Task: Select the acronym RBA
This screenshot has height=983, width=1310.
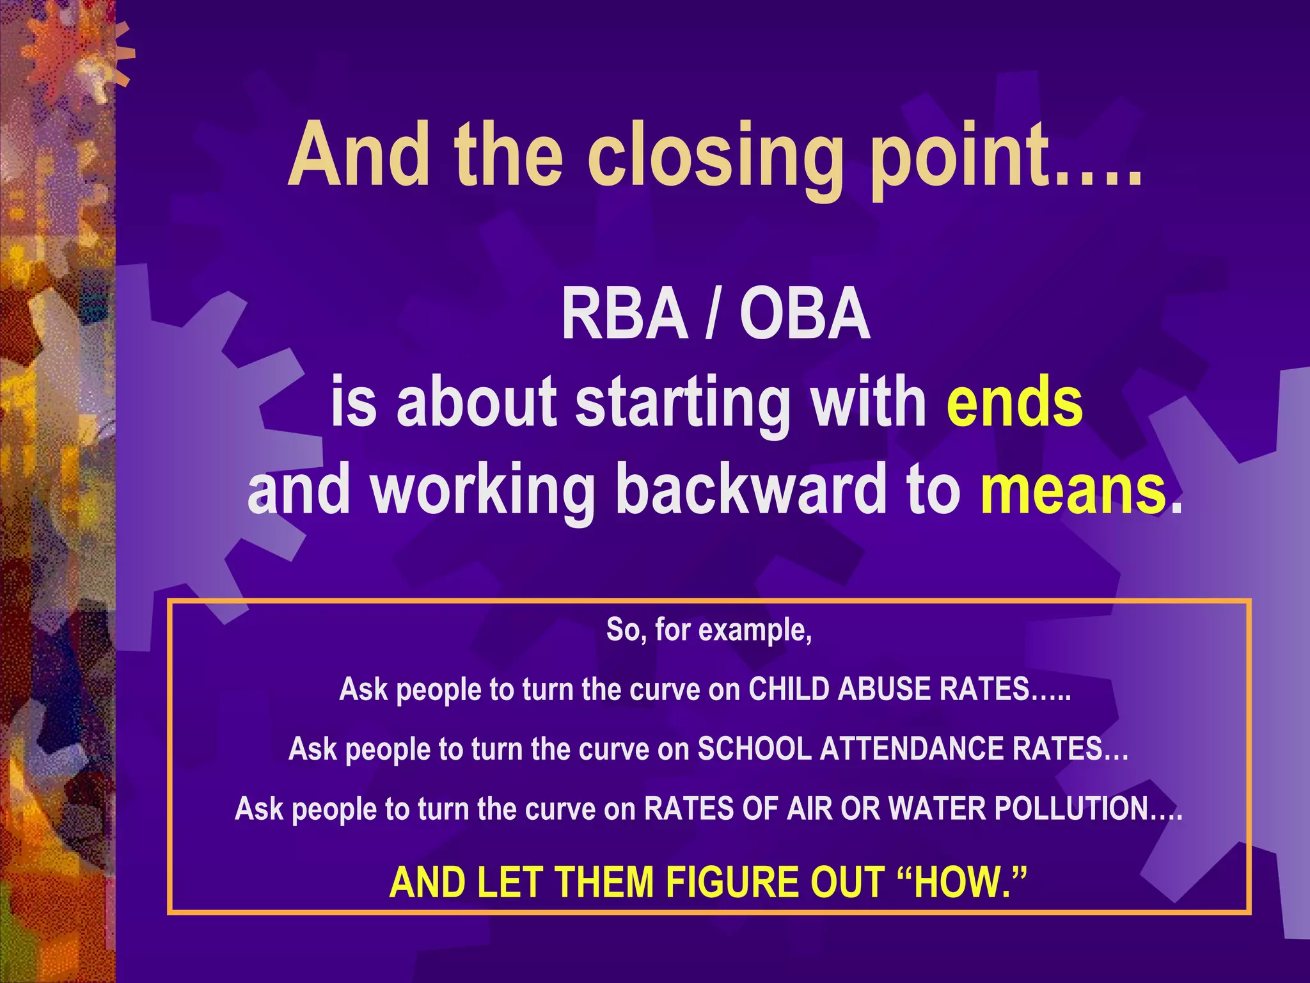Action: pos(624,315)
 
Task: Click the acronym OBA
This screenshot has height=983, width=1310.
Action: pos(805,315)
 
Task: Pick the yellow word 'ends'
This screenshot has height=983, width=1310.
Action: pos(1014,402)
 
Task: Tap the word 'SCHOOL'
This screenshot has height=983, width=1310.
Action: pos(754,749)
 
